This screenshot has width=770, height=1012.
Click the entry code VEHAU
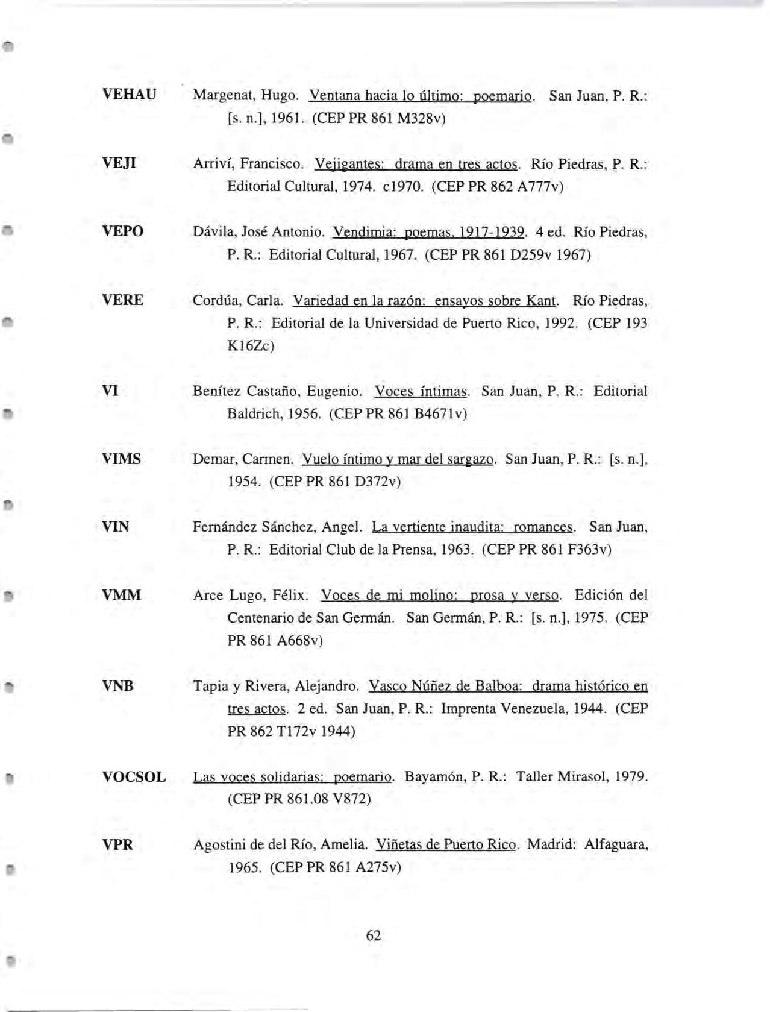pos(129,95)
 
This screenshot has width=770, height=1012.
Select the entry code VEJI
pos(119,163)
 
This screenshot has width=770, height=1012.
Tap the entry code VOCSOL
pos(134,776)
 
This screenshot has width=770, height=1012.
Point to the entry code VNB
pos(117,686)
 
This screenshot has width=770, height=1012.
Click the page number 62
pos(374,935)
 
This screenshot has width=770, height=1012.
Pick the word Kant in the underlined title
pos(541,300)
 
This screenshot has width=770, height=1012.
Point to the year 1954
pos(243,482)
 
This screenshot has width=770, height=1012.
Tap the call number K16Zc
pos(250,346)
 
